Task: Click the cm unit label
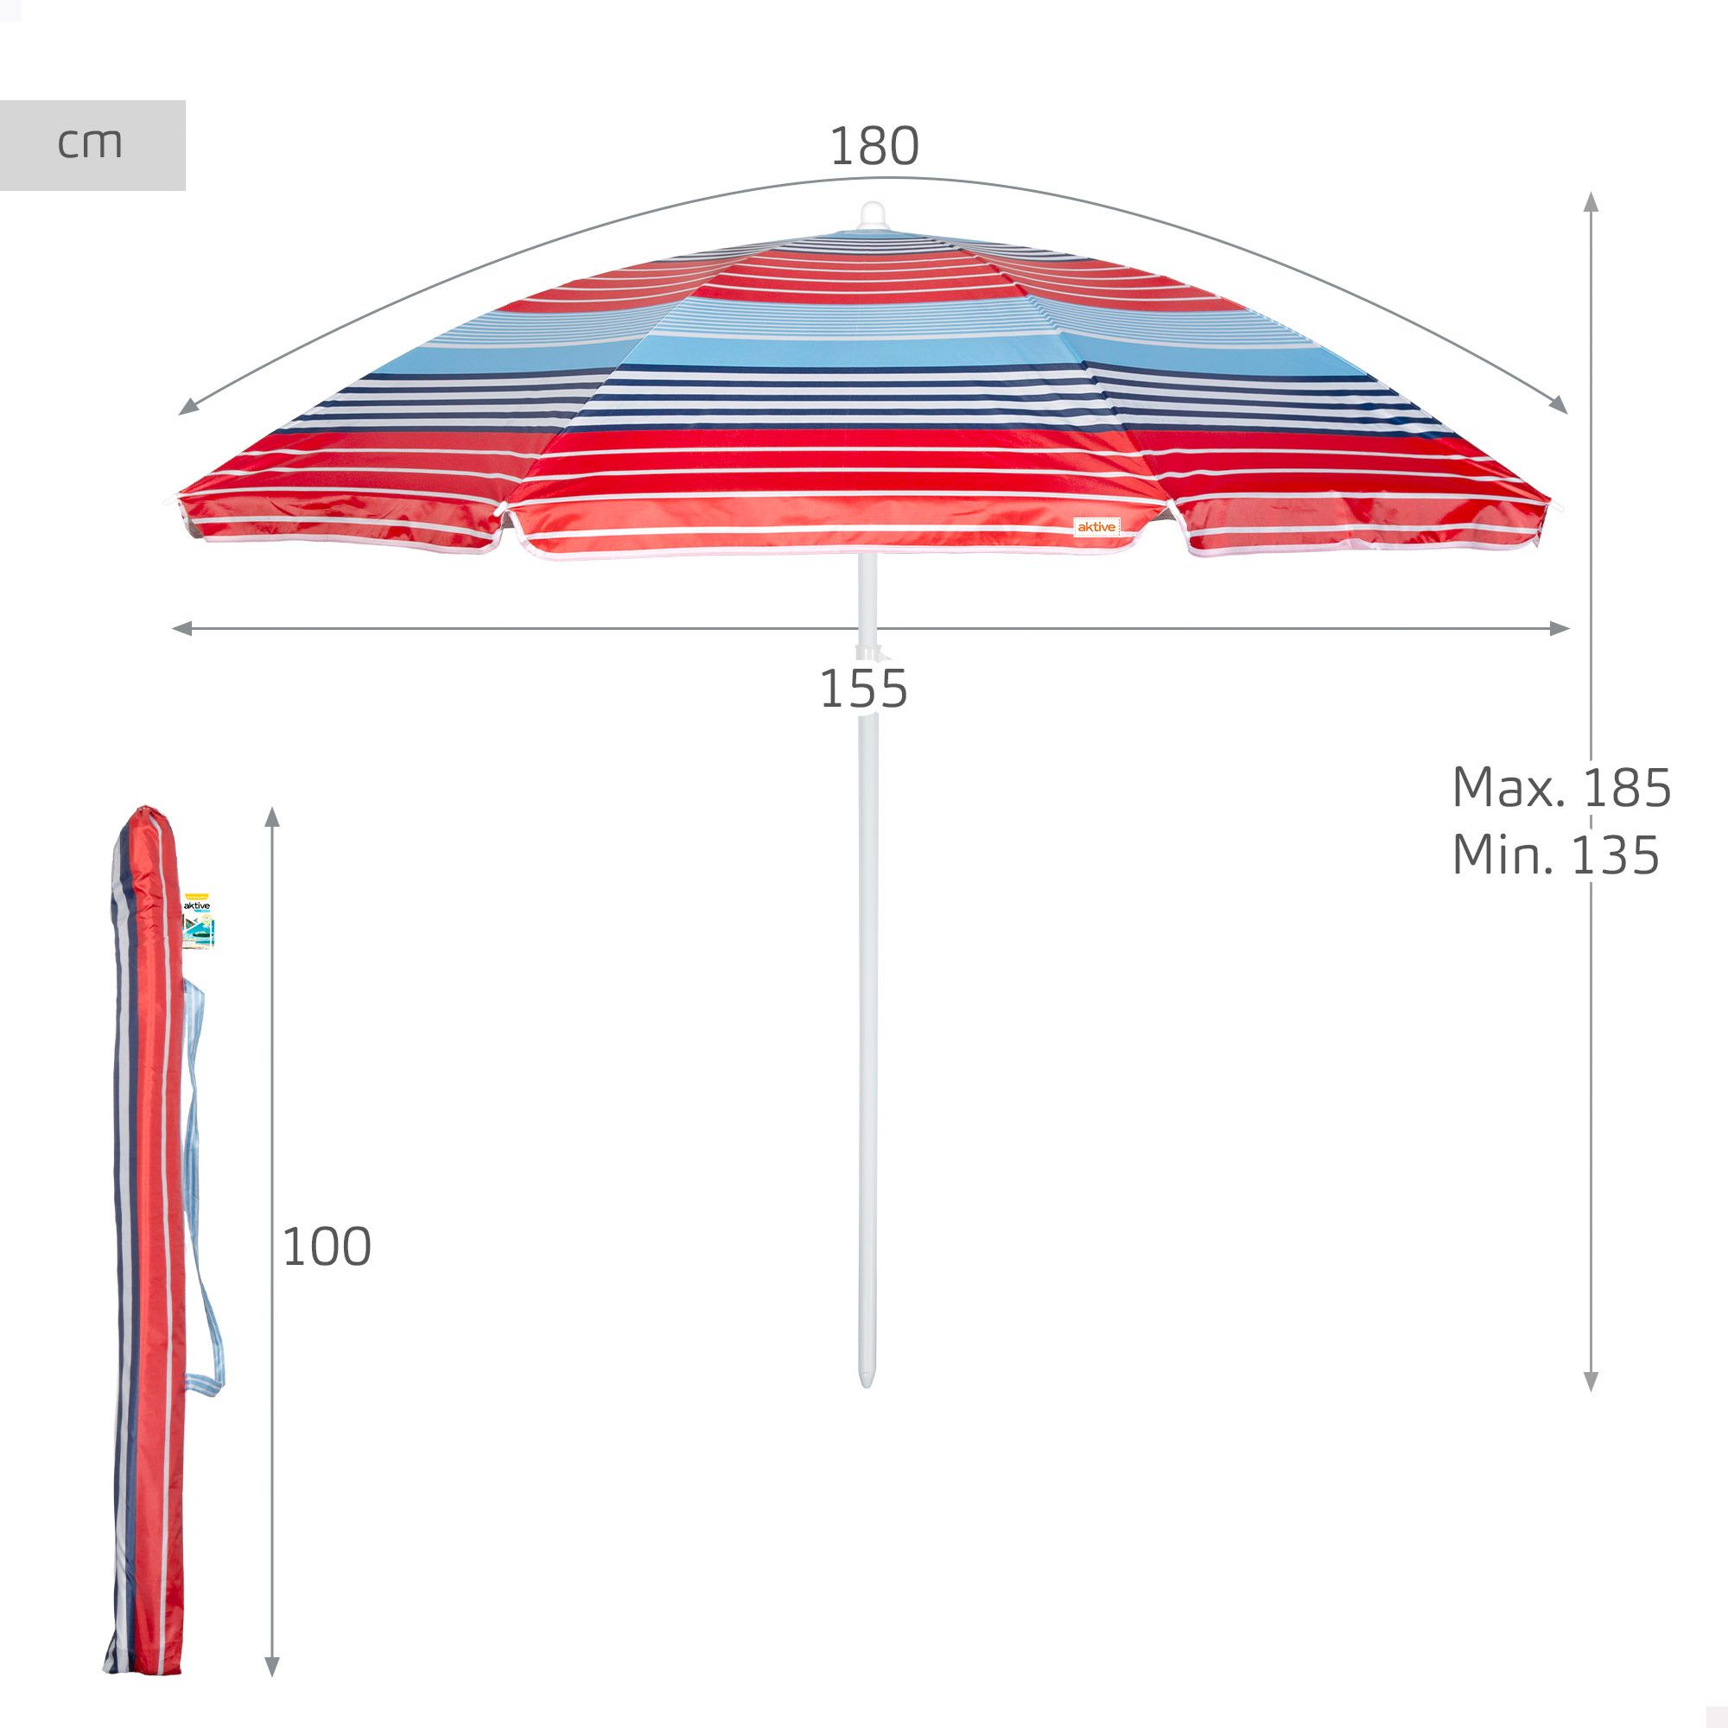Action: click(x=90, y=144)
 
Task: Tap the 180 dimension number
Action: click(x=874, y=146)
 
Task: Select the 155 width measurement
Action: click(x=864, y=689)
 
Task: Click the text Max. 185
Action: click(x=1560, y=788)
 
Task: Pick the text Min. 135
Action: click(x=1555, y=855)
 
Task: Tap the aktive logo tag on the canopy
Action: click(x=1096, y=527)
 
